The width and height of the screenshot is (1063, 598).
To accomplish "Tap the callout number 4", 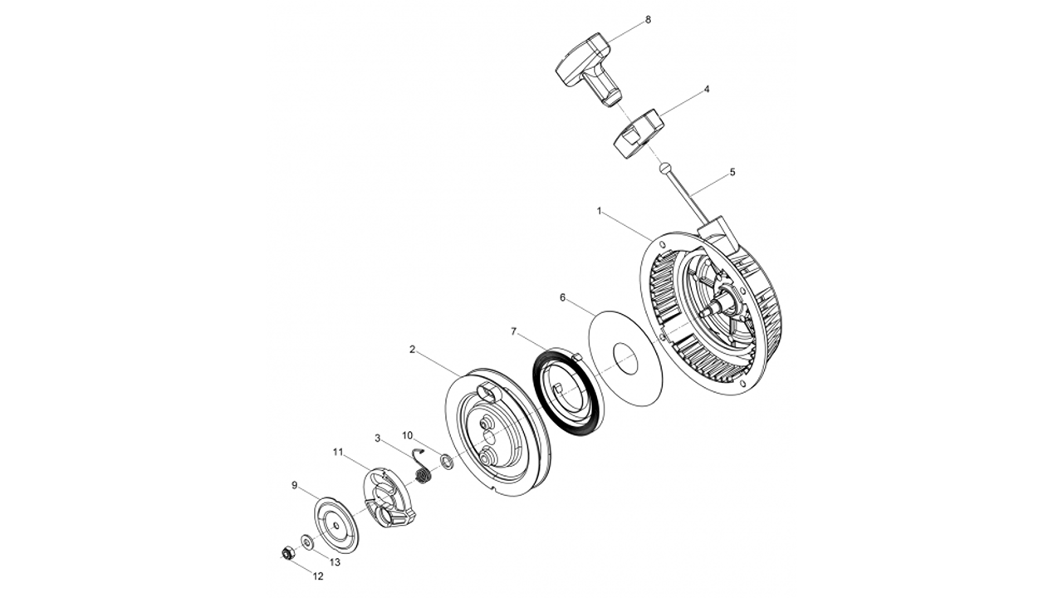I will click(x=706, y=88).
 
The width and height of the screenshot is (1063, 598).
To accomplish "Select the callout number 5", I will click(x=732, y=172).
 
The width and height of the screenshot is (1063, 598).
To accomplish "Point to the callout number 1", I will click(x=600, y=211).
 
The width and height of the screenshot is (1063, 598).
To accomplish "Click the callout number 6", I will click(x=562, y=297).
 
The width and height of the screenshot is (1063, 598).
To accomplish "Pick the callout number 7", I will click(x=514, y=331).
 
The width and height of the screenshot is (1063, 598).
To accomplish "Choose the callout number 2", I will click(x=412, y=350).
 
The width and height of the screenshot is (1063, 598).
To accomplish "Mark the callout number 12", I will click(x=318, y=576).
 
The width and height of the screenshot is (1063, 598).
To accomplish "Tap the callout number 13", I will click(x=335, y=562).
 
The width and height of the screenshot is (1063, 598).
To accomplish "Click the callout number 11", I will click(x=338, y=452).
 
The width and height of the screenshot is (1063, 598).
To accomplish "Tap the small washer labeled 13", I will click(x=307, y=542).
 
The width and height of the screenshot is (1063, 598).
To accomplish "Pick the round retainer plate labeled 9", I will click(x=336, y=524).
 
